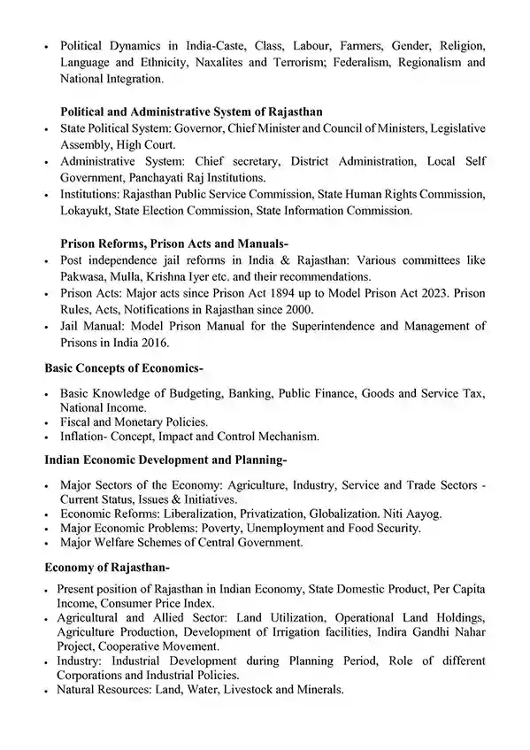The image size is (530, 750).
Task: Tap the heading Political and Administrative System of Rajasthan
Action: (x=191, y=112)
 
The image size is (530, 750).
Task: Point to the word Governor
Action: (x=201, y=128)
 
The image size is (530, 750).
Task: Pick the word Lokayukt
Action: (x=87, y=210)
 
